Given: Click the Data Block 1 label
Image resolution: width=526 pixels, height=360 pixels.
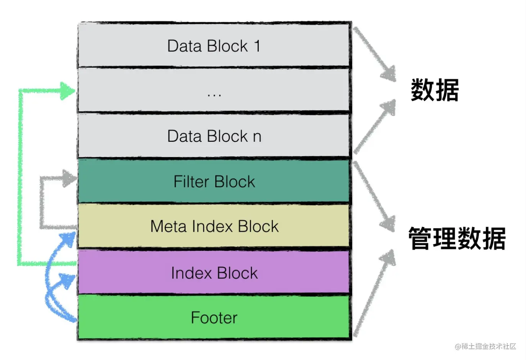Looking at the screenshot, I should (x=214, y=46).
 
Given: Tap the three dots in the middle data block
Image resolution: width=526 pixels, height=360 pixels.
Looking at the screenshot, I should (x=214, y=95).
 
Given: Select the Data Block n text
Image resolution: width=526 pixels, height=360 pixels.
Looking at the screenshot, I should (x=214, y=136).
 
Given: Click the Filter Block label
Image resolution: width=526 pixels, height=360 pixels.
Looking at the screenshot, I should (x=214, y=182).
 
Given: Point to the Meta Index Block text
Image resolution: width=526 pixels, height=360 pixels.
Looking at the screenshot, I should (x=214, y=226).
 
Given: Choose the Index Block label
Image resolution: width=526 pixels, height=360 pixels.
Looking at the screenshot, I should (x=214, y=273).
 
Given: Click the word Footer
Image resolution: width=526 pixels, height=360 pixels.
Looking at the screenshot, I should (x=214, y=318).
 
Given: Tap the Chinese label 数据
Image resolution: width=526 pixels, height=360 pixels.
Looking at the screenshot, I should (x=435, y=90).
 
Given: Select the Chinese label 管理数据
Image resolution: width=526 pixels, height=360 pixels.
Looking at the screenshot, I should (x=457, y=239).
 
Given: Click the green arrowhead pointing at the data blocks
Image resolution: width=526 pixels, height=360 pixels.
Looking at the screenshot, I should (x=68, y=91).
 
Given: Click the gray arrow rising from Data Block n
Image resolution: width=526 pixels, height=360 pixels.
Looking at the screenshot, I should (x=374, y=127).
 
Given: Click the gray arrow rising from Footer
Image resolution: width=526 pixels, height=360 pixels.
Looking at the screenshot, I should (x=374, y=293).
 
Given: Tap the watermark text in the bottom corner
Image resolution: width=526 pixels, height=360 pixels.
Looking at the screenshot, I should (x=485, y=346).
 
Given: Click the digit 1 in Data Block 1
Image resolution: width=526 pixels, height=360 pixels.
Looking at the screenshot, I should (x=257, y=46).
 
